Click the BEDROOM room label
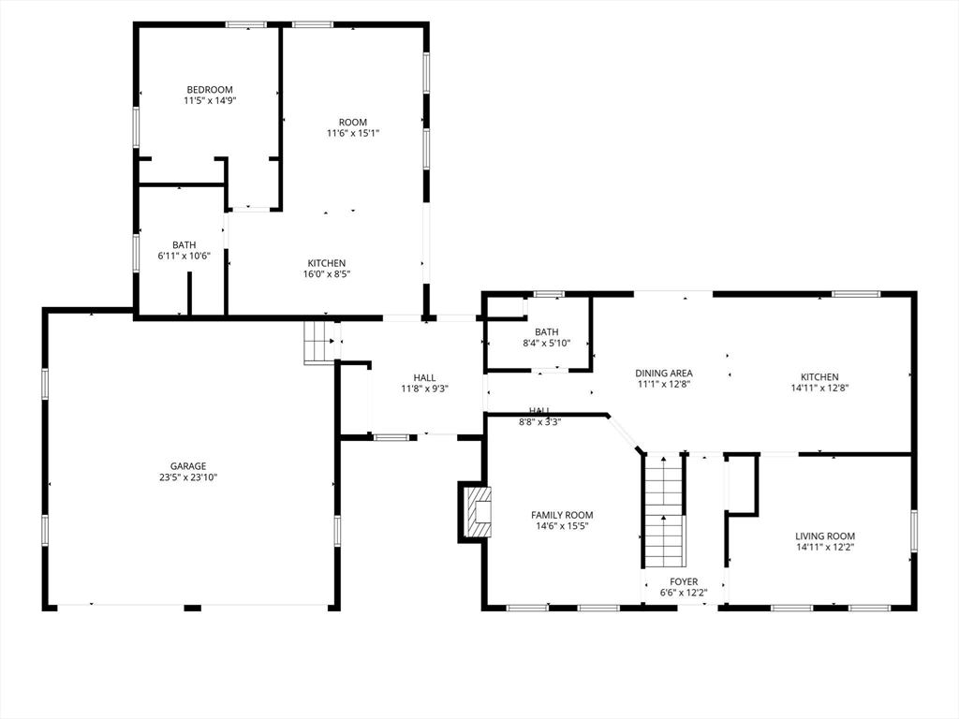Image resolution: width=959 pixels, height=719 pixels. pos(210,89)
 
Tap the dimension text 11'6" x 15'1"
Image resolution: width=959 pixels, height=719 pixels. pos(353,133)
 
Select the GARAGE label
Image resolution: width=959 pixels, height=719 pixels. pos(188,466)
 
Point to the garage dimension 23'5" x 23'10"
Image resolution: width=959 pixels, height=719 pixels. pos(188,477)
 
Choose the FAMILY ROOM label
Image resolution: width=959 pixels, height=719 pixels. pos(562,515)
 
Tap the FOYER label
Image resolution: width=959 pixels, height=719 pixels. pos(684,581)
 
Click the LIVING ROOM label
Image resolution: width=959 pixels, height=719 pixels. pos(825,536)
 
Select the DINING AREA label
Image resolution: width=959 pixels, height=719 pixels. pos(664,373)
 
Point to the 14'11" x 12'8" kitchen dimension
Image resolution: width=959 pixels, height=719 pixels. pos(820,388)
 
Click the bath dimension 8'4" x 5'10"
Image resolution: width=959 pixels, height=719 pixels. pos(547,343)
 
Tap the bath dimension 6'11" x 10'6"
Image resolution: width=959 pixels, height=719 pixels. pos(184,256)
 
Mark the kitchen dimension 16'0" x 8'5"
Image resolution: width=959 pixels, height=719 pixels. pos(327,274)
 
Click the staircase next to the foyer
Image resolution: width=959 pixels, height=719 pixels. pos(664,511)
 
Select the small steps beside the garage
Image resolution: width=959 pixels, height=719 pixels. pos(317,342)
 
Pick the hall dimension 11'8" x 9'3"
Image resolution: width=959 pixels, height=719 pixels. pos(425,389)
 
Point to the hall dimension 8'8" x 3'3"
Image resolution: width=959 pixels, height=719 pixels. pos(539,421)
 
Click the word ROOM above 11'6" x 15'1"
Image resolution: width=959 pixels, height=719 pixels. pos(353,123)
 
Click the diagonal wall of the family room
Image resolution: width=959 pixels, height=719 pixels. pos(625,433)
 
